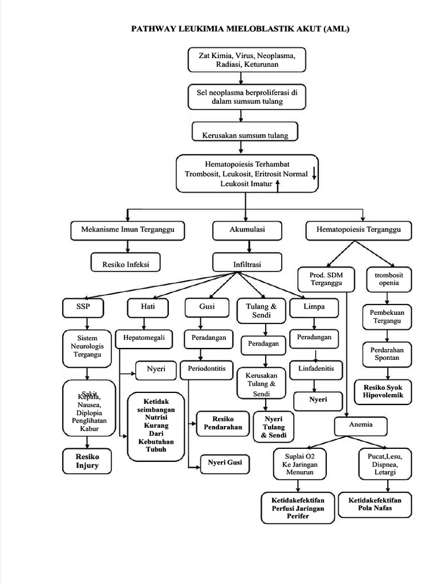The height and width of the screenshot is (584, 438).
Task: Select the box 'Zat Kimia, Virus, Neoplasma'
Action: pyautogui.click(x=246, y=60)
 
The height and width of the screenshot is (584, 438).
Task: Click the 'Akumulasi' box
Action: pyautogui.click(x=246, y=230)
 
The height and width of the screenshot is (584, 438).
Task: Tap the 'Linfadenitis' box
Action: pyautogui.click(x=319, y=368)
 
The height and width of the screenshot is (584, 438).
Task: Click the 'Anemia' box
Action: pyautogui.click(x=360, y=425)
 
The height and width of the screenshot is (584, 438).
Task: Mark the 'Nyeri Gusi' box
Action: pyautogui.click(x=225, y=463)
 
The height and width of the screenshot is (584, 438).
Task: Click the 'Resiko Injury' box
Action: pyautogui.click(x=87, y=461)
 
